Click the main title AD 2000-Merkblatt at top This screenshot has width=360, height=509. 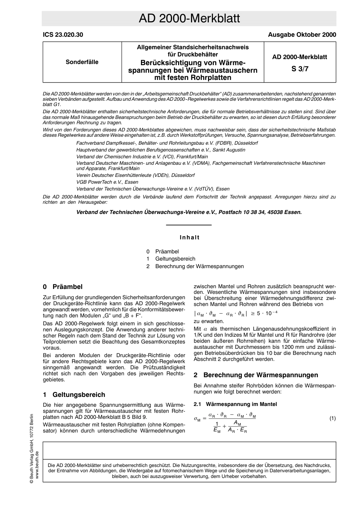coord(189,19)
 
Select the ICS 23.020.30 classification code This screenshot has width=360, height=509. coord(63,35)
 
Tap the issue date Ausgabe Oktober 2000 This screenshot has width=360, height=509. coord(302,35)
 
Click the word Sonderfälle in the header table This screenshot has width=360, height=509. coord(82,62)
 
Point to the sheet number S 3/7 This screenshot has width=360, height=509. coord(299,69)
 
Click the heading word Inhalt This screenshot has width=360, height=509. coord(189,237)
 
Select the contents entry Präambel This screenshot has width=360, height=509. coord(167,251)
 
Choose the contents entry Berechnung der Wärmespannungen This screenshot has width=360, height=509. coord(199,266)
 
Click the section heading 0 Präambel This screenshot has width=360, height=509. coord(63,287)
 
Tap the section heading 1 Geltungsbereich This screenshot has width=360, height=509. coord(74,395)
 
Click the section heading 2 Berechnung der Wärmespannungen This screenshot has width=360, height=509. coord(256,375)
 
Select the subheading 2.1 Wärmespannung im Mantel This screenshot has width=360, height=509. coord(235,404)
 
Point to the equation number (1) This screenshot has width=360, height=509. coord(332,418)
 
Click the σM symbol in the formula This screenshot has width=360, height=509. coord(197,419)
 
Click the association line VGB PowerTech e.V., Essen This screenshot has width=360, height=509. coord(107,182)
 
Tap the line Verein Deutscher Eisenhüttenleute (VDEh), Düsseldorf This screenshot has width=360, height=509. coord(135,175)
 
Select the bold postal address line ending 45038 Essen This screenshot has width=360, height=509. coord(189,212)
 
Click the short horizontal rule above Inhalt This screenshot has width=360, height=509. coord(189,225)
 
